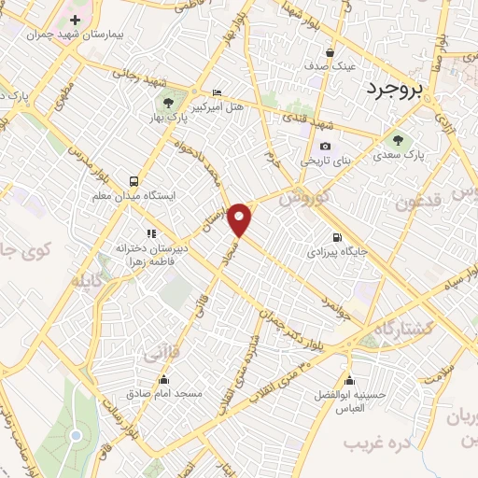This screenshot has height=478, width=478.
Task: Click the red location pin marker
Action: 240,218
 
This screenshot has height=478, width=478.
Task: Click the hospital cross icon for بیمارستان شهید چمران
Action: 76,20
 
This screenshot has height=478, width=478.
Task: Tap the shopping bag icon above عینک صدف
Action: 330,53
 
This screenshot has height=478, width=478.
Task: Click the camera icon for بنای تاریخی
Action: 325,146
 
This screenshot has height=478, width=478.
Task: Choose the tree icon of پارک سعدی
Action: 399,139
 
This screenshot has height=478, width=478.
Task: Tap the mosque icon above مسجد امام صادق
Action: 164,379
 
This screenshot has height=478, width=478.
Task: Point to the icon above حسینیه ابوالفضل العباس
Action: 350,379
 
